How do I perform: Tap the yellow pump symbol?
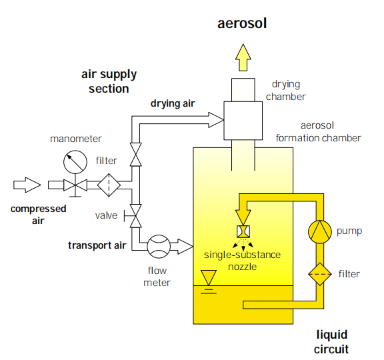pyautogui.click(x=320, y=232)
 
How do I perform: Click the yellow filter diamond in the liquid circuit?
pyautogui.click(x=320, y=274)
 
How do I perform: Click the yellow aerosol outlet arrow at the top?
pyautogui.click(x=243, y=57)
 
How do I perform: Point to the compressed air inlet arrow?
pyautogui.click(x=27, y=185)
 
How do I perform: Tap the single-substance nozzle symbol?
pyautogui.click(x=243, y=231)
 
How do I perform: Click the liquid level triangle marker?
pyautogui.click(x=209, y=277)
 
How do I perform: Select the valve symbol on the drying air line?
pyautogui.click(x=136, y=155)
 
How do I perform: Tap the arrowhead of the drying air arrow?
pyautogui.click(x=216, y=120)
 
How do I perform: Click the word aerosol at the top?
pyautogui.click(x=242, y=23)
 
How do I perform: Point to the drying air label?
pyautogui.click(x=173, y=103)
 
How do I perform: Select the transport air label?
pyautogui.click(x=97, y=245)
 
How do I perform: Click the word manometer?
pyautogui.click(x=76, y=139)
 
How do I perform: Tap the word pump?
pyautogui.click(x=349, y=231)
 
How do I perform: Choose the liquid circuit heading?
pyautogui.click(x=331, y=342)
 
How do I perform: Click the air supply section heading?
pyautogui.click(x=109, y=81)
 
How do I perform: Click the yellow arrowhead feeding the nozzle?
pyautogui.click(x=243, y=217)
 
